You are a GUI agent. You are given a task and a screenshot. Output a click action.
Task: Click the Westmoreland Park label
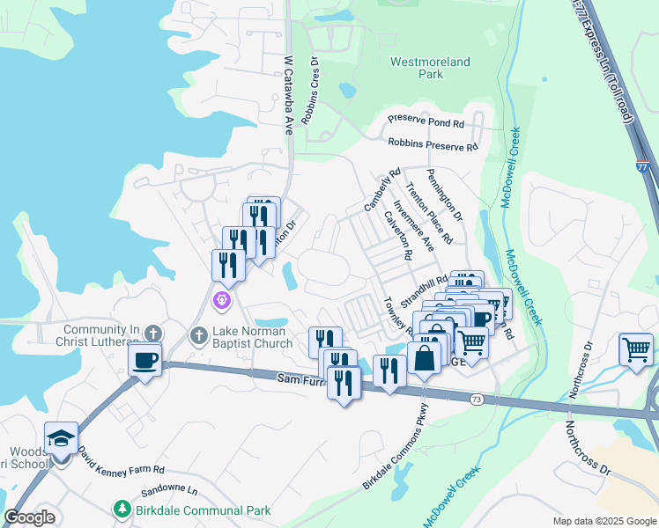pyautogui.click(x=430, y=69)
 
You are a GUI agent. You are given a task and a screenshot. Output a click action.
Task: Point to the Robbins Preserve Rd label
pyautogui.click(x=432, y=144)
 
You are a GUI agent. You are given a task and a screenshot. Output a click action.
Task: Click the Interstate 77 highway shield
pyautogui.click(x=641, y=164)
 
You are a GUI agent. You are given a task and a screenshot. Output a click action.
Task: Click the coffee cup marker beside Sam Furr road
pyautogui.click(x=144, y=359)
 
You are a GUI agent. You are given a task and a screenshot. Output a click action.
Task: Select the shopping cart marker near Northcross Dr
pyautogui.click(x=635, y=349)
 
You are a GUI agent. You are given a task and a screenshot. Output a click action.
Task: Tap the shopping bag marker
pyautogui.click(x=425, y=358)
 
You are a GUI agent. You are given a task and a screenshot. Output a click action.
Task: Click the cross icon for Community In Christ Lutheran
pyautogui.click(x=153, y=334)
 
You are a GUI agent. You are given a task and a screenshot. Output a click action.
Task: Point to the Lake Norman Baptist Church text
pyautogui.click(x=251, y=337)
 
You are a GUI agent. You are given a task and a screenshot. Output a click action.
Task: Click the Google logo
pyautogui.click(x=30, y=517)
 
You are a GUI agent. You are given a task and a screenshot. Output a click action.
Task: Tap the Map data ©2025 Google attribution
pyautogui.click(x=603, y=521)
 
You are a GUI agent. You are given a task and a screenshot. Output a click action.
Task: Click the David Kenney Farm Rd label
pyautogui.click(x=121, y=456)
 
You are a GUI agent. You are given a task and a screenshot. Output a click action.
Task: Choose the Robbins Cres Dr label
pyautogui.click(x=310, y=92)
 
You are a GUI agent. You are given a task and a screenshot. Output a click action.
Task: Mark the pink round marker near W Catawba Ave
pyautogui.click(x=221, y=301)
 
